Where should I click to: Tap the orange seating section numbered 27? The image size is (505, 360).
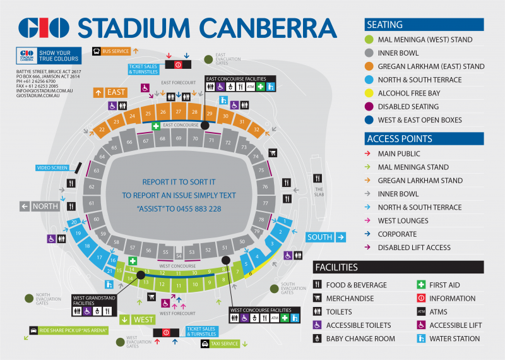coord(179,112)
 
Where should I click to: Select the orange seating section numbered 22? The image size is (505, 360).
coord(102,130)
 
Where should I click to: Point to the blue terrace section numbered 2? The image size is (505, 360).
coord(281,232)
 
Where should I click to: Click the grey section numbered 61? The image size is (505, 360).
coord(92,203)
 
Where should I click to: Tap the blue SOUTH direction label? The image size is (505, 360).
coord(326,237)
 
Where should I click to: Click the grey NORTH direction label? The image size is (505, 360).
coord(40,206)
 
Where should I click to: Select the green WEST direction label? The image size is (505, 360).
coord(140,320)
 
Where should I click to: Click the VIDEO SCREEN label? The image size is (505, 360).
coord(52,168)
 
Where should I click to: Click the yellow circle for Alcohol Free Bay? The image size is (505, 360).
coord(371,93)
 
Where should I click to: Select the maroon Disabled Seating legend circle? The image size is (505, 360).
coord(371,106)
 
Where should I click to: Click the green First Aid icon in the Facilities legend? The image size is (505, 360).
coord(422,285)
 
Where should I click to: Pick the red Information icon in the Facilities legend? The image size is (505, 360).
coord(422,298)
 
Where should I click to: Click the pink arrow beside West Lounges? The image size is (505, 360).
coord(371,220)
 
